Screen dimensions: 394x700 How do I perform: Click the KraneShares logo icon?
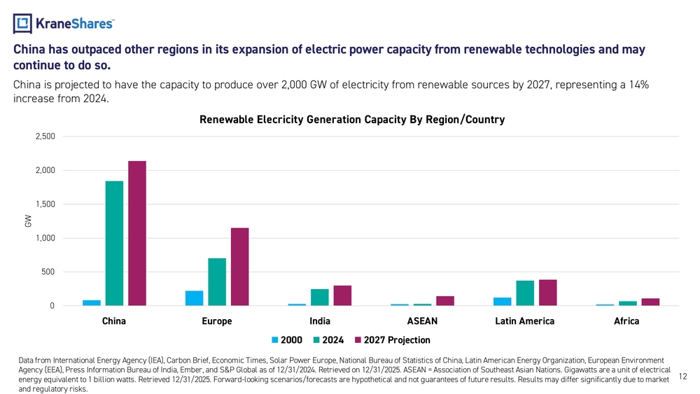[23, 24]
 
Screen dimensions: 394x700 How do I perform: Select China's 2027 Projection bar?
[137, 233]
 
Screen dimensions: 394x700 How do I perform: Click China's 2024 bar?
[114, 243]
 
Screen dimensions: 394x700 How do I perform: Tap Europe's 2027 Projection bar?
[239, 267]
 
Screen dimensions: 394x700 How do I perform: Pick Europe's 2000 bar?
[194, 298]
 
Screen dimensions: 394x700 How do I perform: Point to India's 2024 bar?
[319, 297]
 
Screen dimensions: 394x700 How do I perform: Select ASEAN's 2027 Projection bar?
[445, 301]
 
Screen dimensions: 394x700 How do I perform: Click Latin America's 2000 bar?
[502, 302]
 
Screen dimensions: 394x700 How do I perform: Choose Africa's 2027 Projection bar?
[650, 302]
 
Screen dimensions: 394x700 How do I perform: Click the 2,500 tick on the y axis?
[45, 136]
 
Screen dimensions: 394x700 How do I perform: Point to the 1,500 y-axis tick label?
[45, 204]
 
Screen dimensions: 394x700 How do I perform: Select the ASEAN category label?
[422, 321]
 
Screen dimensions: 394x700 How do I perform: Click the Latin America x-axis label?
[524, 321]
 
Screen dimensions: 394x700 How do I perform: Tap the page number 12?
[683, 377]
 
